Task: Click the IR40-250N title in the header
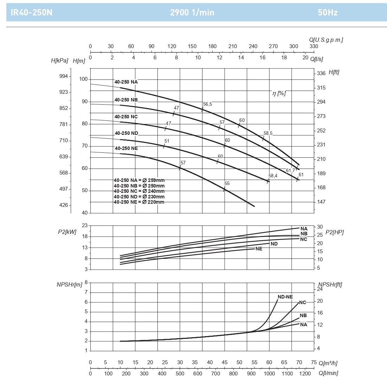(x=32, y=13)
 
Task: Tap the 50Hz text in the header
(x=328, y=13)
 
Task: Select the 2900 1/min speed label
(x=192, y=13)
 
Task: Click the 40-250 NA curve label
(x=126, y=82)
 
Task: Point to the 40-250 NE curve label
(x=126, y=148)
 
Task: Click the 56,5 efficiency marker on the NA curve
(x=207, y=104)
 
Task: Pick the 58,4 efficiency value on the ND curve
(x=273, y=176)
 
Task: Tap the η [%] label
(x=279, y=93)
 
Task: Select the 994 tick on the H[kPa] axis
(x=64, y=76)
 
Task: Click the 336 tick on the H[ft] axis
(x=321, y=73)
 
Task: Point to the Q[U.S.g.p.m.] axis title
(x=326, y=40)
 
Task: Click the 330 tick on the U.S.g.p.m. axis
(x=314, y=46)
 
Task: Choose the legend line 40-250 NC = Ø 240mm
(x=139, y=191)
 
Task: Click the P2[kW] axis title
(x=67, y=232)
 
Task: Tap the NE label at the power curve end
(x=259, y=249)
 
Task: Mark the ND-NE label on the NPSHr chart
(x=285, y=297)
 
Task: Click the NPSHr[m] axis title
(x=69, y=284)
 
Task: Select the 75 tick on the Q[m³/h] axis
(x=314, y=362)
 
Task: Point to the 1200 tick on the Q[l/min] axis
(x=305, y=374)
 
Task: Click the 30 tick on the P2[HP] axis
(x=320, y=227)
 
